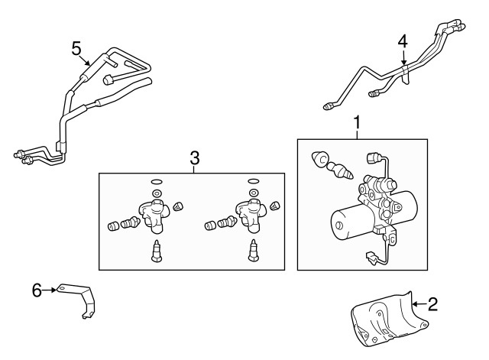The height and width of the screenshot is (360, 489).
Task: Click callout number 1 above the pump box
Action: pyautogui.click(x=356, y=121)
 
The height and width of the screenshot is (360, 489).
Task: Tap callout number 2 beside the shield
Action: pyautogui.click(x=432, y=305)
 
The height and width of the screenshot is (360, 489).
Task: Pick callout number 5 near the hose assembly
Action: pyautogui.click(x=76, y=47)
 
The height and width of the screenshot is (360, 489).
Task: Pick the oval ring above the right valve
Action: pyautogui.click(x=254, y=182)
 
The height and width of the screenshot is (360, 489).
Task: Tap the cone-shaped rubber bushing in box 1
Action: pyautogui.click(x=317, y=160)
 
